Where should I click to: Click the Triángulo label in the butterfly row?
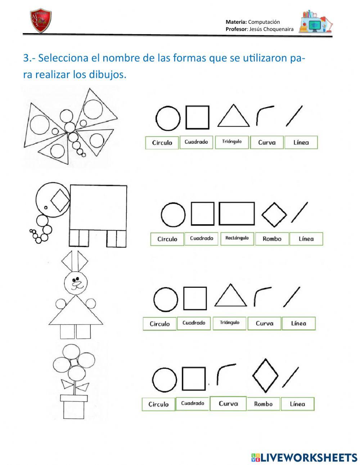[232, 142]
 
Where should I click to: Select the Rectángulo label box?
[237, 238]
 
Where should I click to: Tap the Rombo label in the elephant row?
[272, 239]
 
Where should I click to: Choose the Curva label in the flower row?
[228, 404]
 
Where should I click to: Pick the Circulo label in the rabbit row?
[159, 324]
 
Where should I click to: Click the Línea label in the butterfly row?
[301, 142]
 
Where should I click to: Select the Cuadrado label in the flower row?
[193, 404]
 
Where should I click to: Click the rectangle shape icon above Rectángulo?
[237, 214]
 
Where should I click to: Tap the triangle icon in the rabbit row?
[231, 296]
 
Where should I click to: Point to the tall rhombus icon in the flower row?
[265, 375]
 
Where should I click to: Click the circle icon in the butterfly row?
[168, 117]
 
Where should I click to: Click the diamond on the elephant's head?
[60, 201]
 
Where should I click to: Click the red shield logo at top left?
[41, 21]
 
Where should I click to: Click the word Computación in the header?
[264, 22]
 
